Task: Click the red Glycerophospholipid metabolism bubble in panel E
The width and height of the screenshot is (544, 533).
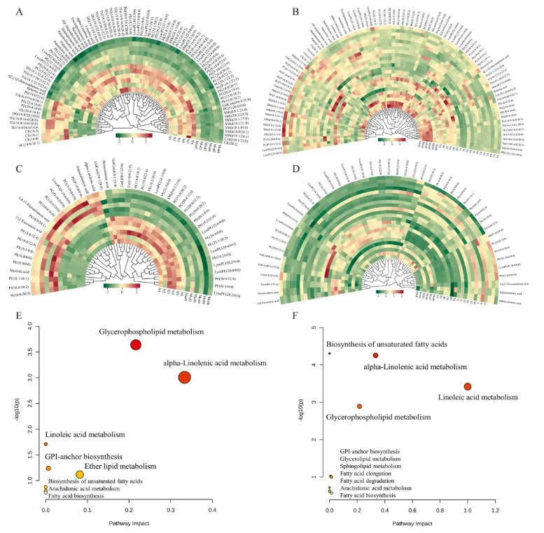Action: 136,344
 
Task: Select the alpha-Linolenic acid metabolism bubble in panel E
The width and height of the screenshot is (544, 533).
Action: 185,377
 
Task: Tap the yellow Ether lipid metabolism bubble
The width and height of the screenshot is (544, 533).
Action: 80,475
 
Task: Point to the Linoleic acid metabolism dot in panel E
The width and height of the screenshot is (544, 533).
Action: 46,444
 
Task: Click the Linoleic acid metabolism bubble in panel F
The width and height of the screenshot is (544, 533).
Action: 468,387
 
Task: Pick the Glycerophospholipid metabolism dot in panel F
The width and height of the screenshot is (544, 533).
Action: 359,406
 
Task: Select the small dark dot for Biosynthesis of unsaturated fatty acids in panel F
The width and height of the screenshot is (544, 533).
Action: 330,353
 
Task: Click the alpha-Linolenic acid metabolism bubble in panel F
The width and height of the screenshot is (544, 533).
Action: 375,355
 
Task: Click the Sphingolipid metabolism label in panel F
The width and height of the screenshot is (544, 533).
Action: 370,465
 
